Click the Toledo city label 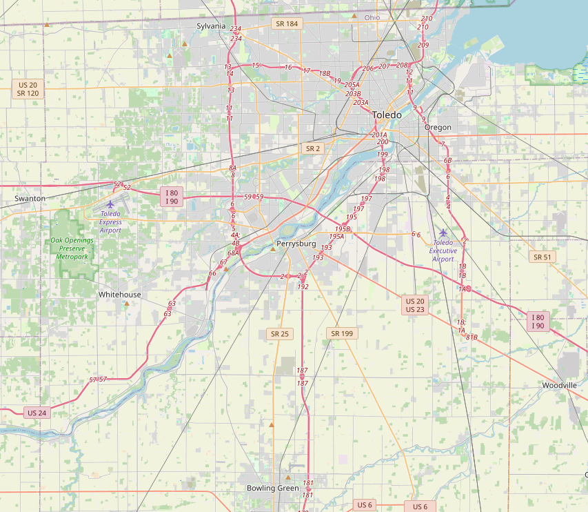click(386, 115)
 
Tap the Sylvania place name click(211, 26)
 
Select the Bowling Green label click(273, 488)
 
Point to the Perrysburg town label click(296, 244)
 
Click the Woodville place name click(559, 385)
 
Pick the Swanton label click(30, 198)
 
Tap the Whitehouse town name click(119, 295)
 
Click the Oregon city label click(438, 128)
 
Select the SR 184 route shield click(287, 24)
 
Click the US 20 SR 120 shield click(28, 88)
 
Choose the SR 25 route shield click(280, 334)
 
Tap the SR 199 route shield click(342, 333)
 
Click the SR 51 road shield click(543, 257)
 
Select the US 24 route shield click(37, 413)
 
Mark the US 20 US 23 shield click(415, 305)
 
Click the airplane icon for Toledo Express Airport click(110, 204)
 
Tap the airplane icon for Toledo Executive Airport click(443, 233)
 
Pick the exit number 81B click(472, 337)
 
